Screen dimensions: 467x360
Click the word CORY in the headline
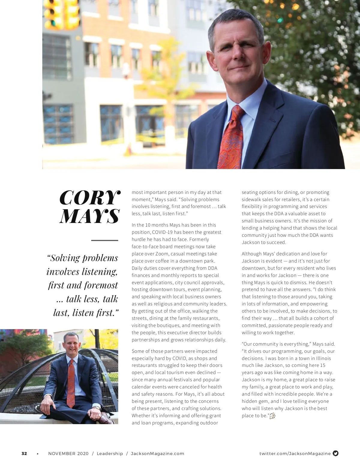click(x=90, y=198)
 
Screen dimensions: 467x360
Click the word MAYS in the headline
click(x=90, y=216)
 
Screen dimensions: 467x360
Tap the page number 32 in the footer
click(x=24, y=454)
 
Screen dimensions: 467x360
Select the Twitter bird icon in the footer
click(x=336, y=453)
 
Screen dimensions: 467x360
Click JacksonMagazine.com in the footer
click(x=157, y=454)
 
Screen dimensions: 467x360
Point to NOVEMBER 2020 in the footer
click(x=68, y=454)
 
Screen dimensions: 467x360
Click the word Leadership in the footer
click(x=110, y=454)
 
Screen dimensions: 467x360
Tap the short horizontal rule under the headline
click(x=104, y=240)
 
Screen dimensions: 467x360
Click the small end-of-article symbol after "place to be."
click(x=272, y=416)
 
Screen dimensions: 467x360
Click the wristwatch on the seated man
click(x=97, y=408)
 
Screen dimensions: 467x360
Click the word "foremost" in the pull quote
click(x=101, y=285)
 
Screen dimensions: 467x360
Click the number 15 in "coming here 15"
click(x=322, y=365)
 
